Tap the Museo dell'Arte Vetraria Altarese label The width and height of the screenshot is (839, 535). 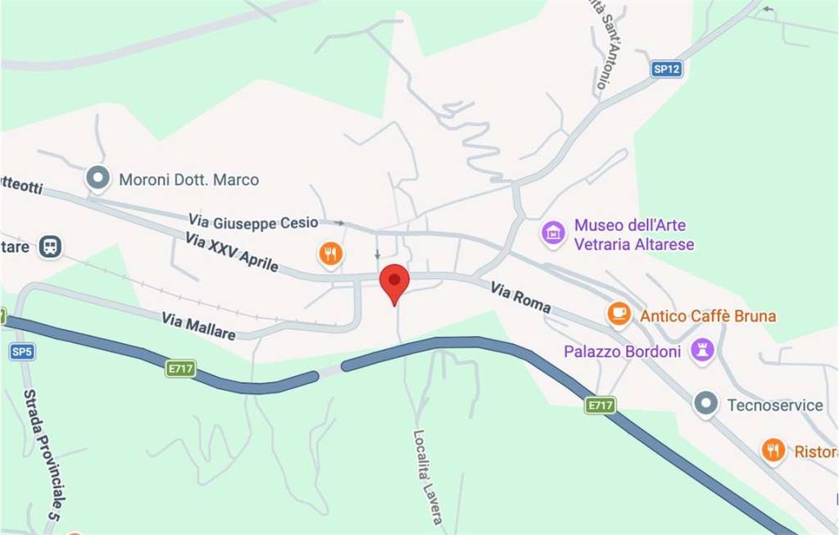(x=634, y=234)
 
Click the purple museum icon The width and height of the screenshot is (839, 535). (x=554, y=233)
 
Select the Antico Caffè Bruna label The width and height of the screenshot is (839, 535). (x=707, y=316)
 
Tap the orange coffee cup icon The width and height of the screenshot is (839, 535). (x=619, y=313)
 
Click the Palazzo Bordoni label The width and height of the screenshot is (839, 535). (x=622, y=351)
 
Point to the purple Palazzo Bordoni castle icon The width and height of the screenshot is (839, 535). (x=702, y=351)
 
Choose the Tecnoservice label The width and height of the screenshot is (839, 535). (x=774, y=405)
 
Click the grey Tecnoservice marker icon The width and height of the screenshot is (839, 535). (x=705, y=403)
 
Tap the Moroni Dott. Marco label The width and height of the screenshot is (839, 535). (x=188, y=179)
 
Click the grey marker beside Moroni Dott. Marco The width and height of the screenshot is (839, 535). (x=98, y=178)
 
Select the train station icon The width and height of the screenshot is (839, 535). (x=51, y=245)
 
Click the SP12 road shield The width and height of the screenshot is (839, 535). (x=667, y=70)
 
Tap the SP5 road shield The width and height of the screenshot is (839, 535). (x=21, y=351)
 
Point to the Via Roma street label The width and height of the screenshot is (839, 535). (x=520, y=297)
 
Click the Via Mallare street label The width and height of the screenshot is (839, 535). (x=198, y=325)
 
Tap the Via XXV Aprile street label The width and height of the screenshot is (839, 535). (x=232, y=252)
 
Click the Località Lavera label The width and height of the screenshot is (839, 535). (x=427, y=478)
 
